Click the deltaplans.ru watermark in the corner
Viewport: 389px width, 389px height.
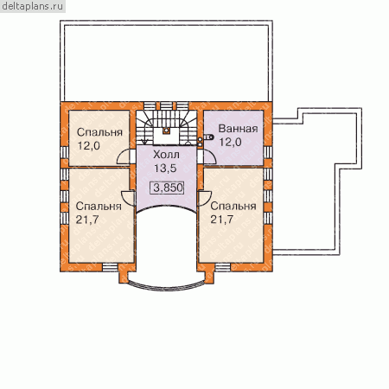click(x=32, y=6)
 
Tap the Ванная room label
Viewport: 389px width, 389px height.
click(x=238, y=129)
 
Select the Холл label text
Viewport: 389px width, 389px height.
click(x=166, y=155)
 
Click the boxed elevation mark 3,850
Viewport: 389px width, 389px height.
click(x=167, y=188)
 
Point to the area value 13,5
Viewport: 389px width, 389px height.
click(x=165, y=169)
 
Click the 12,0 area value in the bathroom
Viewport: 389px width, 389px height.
click(x=230, y=142)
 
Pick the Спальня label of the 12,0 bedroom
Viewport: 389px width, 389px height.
click(x=99, y=132)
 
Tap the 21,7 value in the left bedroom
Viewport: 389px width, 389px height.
click(x=87, y=220)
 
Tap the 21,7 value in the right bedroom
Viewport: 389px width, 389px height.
click(x=222, y=220)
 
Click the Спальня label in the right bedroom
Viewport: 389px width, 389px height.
click(x=233, y=206)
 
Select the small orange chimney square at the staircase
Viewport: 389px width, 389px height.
click(x=166, y=131)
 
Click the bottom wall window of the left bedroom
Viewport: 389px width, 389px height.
click(x=111, y=267)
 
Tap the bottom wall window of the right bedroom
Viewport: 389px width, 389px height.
click(x=223, y=267)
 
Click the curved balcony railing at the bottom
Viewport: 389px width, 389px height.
click(x=166, y=287)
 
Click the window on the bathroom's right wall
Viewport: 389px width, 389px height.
click(x=268, y=152)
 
